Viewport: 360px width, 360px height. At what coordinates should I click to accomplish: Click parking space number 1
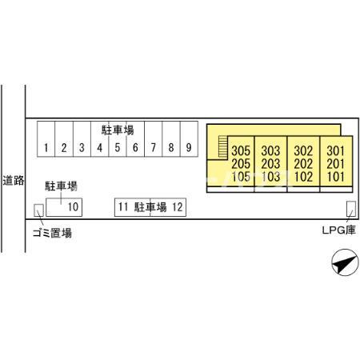tap(46, 139)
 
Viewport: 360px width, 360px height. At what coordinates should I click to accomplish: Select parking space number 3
tap(82, 139)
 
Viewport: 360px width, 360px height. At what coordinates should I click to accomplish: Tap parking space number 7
tap(154, 139)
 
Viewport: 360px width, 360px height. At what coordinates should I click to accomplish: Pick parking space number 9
tap(189, 139)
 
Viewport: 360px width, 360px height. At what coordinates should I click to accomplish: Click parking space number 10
tap(64, 207)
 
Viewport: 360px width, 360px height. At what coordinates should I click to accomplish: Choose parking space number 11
tap(132, 207)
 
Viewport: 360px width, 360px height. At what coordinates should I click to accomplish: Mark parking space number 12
tap(168, 207)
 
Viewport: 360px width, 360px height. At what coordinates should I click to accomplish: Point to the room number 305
tap(241, 151)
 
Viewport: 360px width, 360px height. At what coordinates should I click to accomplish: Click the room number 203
tap(270, 164)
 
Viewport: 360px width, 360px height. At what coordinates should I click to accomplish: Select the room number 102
tap(303, 177)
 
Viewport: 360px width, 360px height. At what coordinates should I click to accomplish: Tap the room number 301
tap(335, 151)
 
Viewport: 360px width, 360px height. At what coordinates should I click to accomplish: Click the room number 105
tap(241, 177)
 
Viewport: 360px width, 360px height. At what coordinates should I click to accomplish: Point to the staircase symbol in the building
tap(223, 146)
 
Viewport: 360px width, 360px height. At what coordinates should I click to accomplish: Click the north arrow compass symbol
tap(344, 262)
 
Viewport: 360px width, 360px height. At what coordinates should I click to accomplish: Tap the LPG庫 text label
tap(338, 230)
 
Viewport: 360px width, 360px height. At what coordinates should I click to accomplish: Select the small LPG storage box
tap(351, 209)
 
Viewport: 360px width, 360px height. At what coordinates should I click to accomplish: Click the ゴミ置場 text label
tap(52, 233)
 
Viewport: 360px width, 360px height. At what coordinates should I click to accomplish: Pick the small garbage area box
tap(38, 210)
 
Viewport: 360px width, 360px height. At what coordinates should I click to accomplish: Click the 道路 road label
tap(14, 181)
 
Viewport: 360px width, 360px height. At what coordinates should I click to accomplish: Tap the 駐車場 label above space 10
tap(61, 186)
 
